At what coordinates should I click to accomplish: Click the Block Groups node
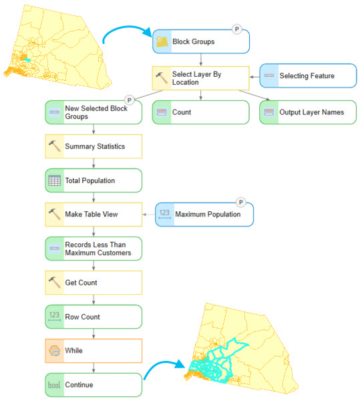click(x=201, y=41)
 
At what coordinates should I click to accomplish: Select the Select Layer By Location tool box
click(x=200, y=78)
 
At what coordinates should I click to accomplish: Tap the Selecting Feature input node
click(x=308, y=76)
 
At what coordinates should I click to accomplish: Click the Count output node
click(x=200, y=112)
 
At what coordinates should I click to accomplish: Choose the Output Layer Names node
click(x=308, y=112)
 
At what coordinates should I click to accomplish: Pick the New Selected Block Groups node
click(x=94, y=112)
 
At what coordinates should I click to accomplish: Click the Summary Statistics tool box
click(x=94, y=146)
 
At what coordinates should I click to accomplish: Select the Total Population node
click(x=94, y=180)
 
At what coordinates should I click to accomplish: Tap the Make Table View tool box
click(x=94, y=215)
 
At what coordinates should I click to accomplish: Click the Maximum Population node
click(x=204, y=215)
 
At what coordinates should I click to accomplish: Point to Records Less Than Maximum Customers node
click(x=94, y=249)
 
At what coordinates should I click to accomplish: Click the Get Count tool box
click(x=94, y=283)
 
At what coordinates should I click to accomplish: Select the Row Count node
click(x=94, y=317)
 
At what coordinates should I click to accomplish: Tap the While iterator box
click(x=94, y=351)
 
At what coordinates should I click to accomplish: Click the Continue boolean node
click(x=94, y=385)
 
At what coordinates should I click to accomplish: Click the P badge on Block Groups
click(x=236, y=29)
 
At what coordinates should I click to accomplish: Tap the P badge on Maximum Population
click(x=240, y=203)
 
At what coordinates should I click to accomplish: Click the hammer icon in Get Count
click(x=54, y=282)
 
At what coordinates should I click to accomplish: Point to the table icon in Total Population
click(x=54, y=180)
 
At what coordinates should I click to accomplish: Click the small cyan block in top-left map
click(x=27, y=60)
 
